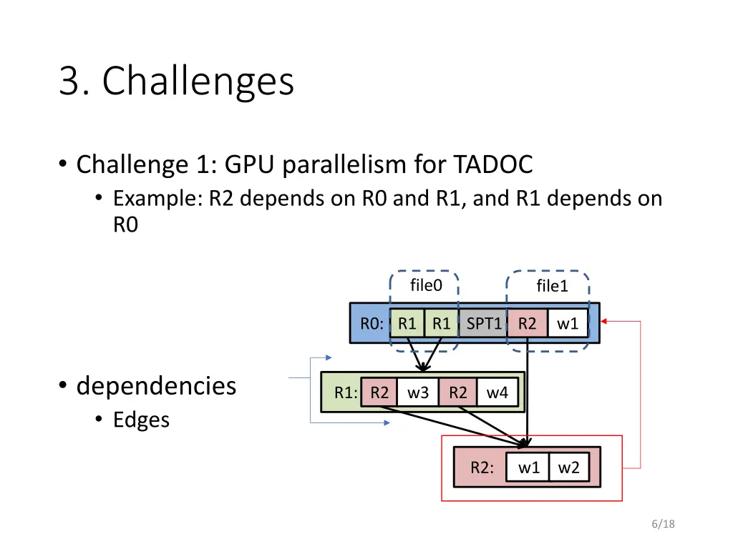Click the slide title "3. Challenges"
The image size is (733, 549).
pyautogui.click(x=176, y=81)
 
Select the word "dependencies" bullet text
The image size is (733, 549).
pyautogui.click(x=156, y=386)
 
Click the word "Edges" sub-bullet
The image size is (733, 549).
pyautogui.click(x=141, y=420)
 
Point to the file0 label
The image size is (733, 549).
pyautogui.click(x=426, y=286)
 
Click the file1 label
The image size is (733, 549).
pyautogui.click(x=552, y=287)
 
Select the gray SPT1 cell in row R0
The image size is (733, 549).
pyautogui.click(x=484, y=324)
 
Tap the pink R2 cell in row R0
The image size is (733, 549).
pyautogui.click(x=527, y=324)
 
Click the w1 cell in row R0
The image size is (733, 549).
pyautogui.click(x=568, y=324)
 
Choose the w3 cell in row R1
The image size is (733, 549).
pyautogui.click(x=418, y=392)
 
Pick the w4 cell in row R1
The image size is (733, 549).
pyautogui.click(x=497, y=392)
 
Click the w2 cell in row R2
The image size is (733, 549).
pyautogui.click(x=569, y=468)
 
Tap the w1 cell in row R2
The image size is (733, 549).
pyautogui.click(x=528, y=468)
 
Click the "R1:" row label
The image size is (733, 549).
pyautogui.click(x=346, y=392)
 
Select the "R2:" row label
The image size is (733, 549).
pyautogui.click(x=482, y=468)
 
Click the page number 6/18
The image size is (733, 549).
pyautogui.click(x=664, y=525)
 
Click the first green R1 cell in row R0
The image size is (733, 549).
pyautogui.click(x=407, y=324)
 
